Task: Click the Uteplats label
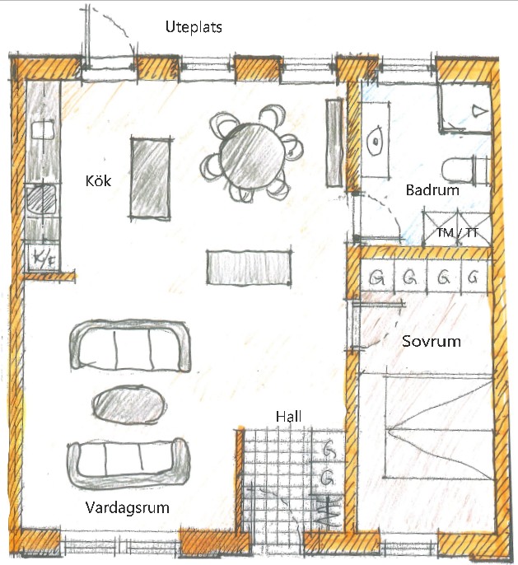(194, 27)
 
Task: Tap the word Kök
(98, 180)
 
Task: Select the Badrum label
(432, 190)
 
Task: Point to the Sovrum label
(432, 341)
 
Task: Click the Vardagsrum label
(127, 507)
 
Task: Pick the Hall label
(288, 417)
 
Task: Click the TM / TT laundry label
(458, 233)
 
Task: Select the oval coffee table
(129, 404)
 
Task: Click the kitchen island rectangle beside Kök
(150, 178)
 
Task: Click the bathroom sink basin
(376, 141)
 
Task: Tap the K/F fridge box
(44, 257)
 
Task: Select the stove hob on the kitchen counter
(41, 198)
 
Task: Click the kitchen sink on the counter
(43, 130)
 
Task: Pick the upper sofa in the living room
(130, 346)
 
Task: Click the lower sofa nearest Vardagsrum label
(128, 464)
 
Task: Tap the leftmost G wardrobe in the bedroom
(377, 278)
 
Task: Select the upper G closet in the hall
(328, 449)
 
